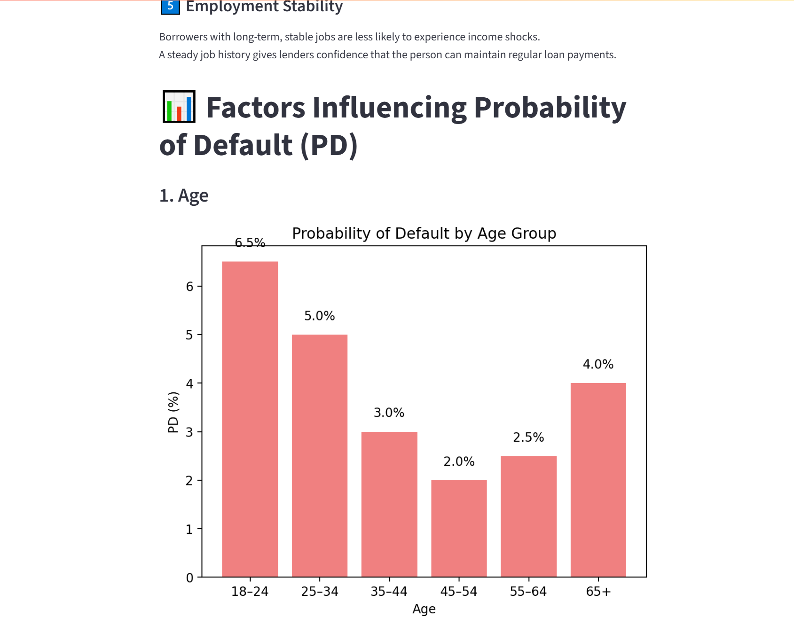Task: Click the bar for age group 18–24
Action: pyautogui.click(x=250, y=419)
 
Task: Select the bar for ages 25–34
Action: pyautogui.click(x=320, y=455)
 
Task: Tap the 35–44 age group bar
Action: pyautogui.click(x=389, y=504)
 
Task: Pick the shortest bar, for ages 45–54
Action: pyautogui.click(x=459, y=528)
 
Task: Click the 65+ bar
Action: pyautogui.click(x=598, y=479)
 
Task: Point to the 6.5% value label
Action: pyautogui.click(x=250, y=242)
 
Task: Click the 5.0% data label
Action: pyautogui.click(x=320, y=316)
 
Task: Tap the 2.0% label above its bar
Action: pyautogui.click(x=459, y=461)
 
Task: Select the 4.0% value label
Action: pyautogui.click(x=598, y=364)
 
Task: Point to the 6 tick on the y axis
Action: pyautogui.click(x=189, y=286)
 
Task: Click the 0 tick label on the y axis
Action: pyautogui.click(x=189, y=578)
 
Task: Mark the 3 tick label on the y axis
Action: pyautogui.click(x=189, y=432)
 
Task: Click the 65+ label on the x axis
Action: pyautogui.click(x=598, y=592)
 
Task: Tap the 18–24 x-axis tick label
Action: pyautogui.click(x=250, y=592)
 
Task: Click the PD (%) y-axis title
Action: pyautogui.click(x=173, y=412)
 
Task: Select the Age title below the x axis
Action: pyautogui.click(x=424, y=609)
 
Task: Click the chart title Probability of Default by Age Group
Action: pyautogui.click(x=424, y=233)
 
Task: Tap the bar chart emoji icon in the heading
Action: pyautogui.click(x=179, y=107)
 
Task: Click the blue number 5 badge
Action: pyautogui.click(x=170, y=7)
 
